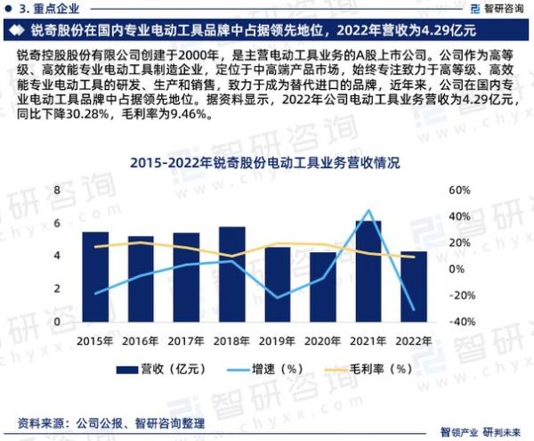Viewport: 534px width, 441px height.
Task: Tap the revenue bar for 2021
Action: [368, 271]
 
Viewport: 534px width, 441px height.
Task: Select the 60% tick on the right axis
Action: [457, 191]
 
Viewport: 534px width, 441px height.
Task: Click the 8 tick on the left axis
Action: [58, 191]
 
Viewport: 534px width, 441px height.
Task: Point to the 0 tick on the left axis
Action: [58, 322]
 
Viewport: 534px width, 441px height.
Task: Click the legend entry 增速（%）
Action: [269, 368]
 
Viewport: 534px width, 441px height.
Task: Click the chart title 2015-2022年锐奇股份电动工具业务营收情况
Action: [264, 163]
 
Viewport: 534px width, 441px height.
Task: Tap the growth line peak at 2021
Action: [368, 210]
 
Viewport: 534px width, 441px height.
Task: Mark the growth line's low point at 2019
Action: [278, 297]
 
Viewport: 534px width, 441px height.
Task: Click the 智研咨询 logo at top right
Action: [491, 8]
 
